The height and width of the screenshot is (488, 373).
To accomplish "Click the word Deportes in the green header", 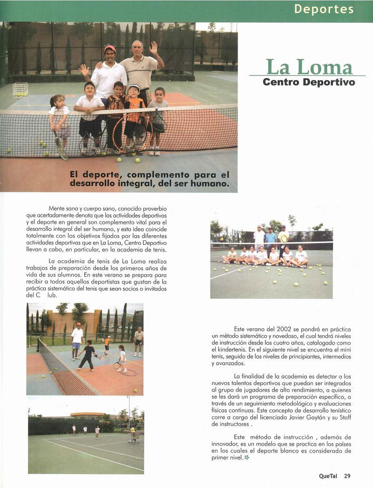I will pos(324,9).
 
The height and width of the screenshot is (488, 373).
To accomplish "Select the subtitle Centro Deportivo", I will pos(309,82).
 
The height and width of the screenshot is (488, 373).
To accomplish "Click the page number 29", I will pos(347,476).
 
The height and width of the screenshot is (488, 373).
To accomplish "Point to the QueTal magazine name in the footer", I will pos(328,476).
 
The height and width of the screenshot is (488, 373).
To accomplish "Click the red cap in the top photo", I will pos(110,48).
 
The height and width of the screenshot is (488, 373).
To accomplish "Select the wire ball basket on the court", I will pos(20,89).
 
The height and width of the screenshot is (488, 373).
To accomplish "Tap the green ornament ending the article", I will pos(247,458).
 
